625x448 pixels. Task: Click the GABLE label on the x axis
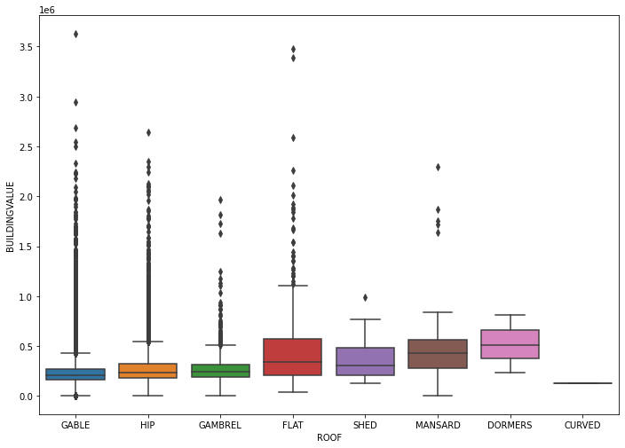(75, 426)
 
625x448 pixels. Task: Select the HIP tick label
(147, 426)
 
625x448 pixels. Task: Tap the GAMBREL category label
(220, 426)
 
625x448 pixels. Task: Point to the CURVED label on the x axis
(582, 426)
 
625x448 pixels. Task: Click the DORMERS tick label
(510, 426)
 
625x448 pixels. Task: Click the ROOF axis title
(329, 437)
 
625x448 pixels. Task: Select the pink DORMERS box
(510, 344)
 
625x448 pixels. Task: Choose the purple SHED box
(365, 361)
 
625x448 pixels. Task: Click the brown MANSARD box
(438, 354)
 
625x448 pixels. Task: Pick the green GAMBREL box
(220, 371)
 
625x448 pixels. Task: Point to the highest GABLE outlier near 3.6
(75, 34)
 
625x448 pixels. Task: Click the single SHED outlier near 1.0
(365, 297)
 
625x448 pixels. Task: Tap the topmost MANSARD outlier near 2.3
(438, 167)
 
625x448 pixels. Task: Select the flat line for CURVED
(582, 383)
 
